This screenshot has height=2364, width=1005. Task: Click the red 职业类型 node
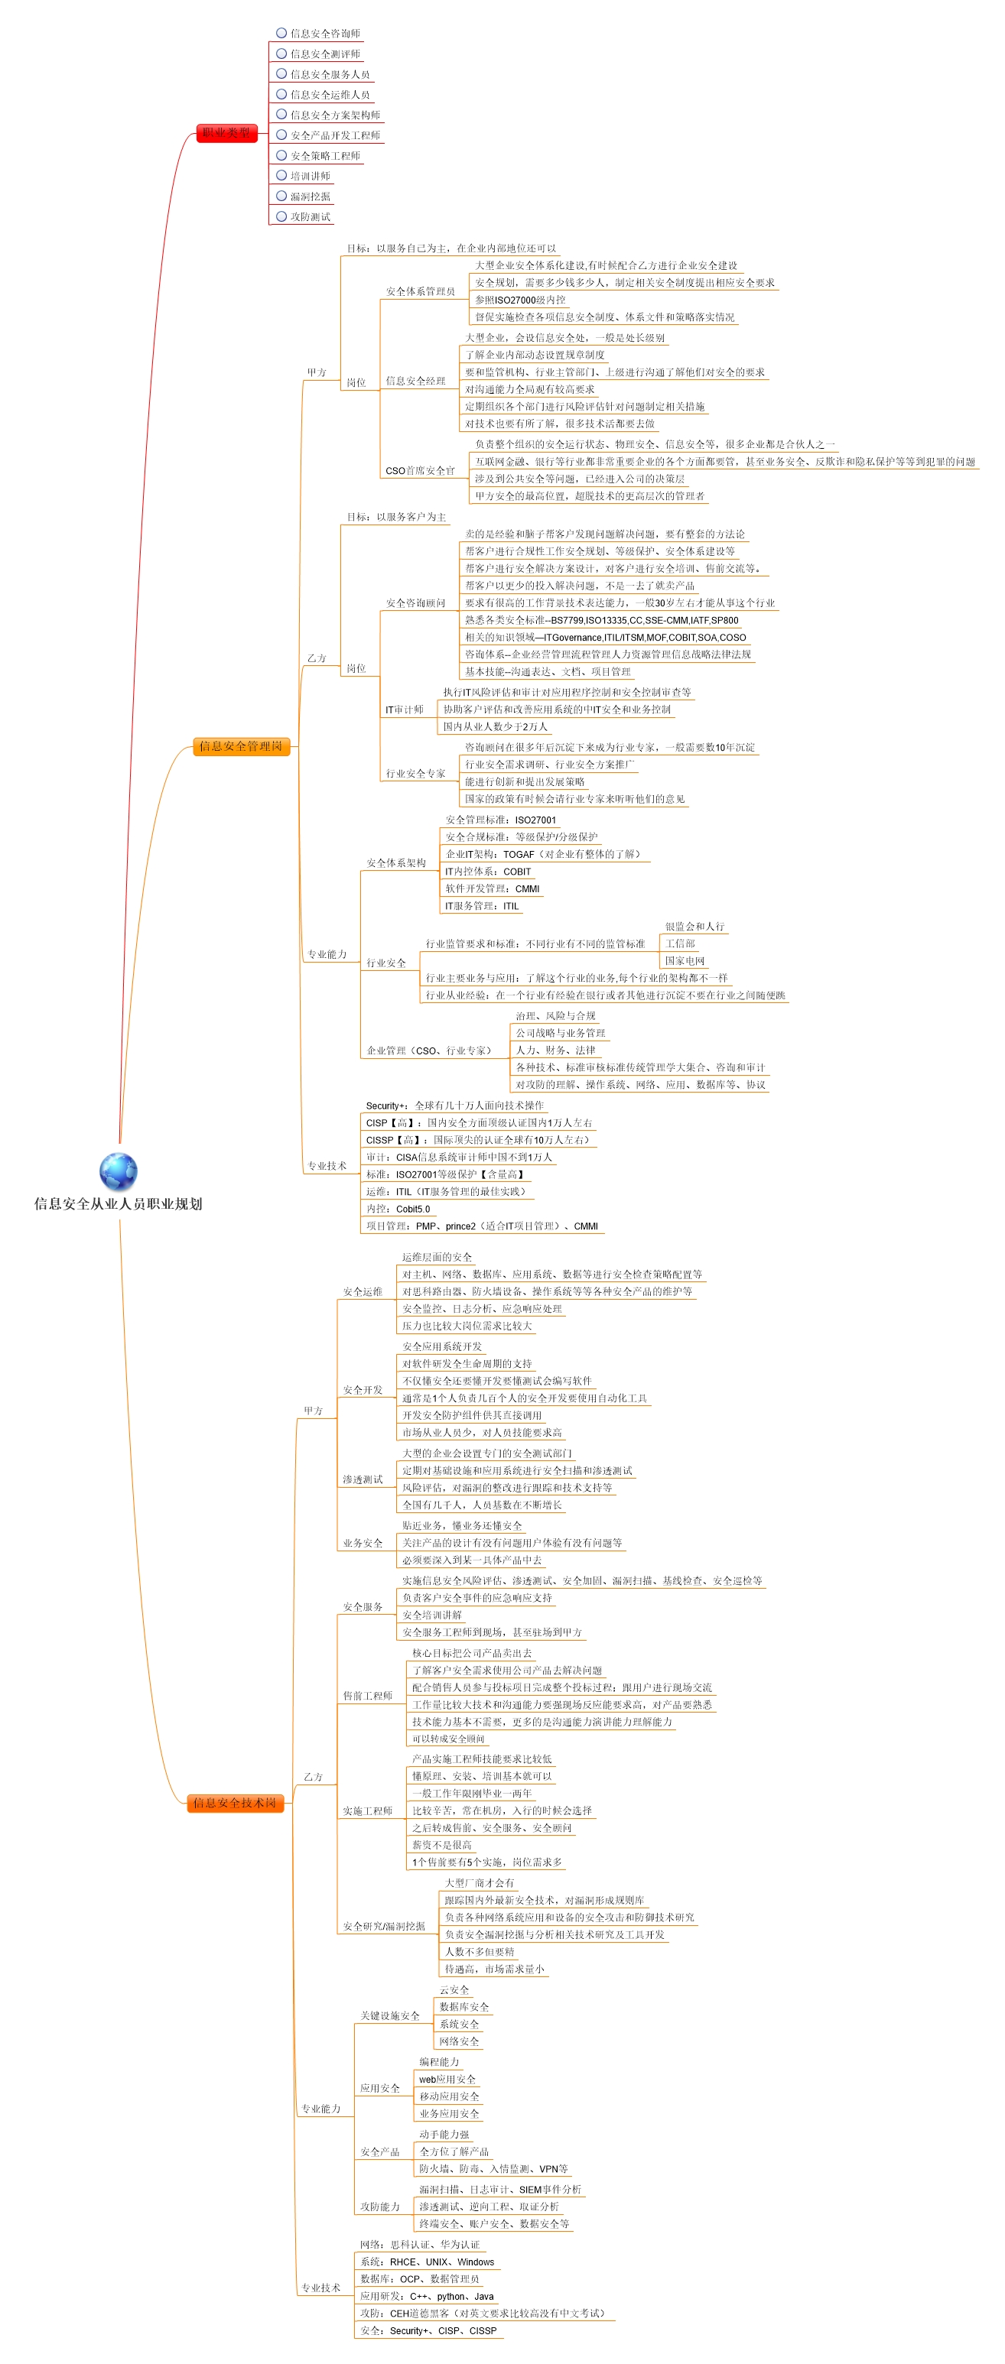click(226, 133)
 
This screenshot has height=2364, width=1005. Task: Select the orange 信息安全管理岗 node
click(242, 746)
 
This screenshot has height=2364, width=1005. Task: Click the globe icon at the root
click(119, 1172)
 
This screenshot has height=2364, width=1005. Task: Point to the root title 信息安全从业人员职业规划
click(118, 1203)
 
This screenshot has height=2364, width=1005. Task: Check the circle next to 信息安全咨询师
click(281, 33)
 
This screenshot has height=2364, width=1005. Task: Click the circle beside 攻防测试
click(281, 216)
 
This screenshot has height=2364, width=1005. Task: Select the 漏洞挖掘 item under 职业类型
click(311, 196)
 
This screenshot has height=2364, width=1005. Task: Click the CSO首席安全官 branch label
click(419, 471)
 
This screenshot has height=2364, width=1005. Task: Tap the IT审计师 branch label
click(404, 710)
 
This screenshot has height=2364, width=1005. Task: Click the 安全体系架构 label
click(395, 862)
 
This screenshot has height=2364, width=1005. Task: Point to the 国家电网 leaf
click(685, 961)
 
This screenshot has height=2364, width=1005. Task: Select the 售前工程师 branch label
click(367, 1695)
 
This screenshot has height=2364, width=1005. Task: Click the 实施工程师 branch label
click(367, 1810)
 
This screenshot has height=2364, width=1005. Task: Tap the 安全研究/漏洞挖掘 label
click(384, 1925)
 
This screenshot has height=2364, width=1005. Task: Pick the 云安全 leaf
click(454, 1989)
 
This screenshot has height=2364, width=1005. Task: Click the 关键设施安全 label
click(389, 2015)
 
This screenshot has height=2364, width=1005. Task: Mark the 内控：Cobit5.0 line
click(398, 1209)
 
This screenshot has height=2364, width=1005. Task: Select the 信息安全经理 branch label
click(415, 381)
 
